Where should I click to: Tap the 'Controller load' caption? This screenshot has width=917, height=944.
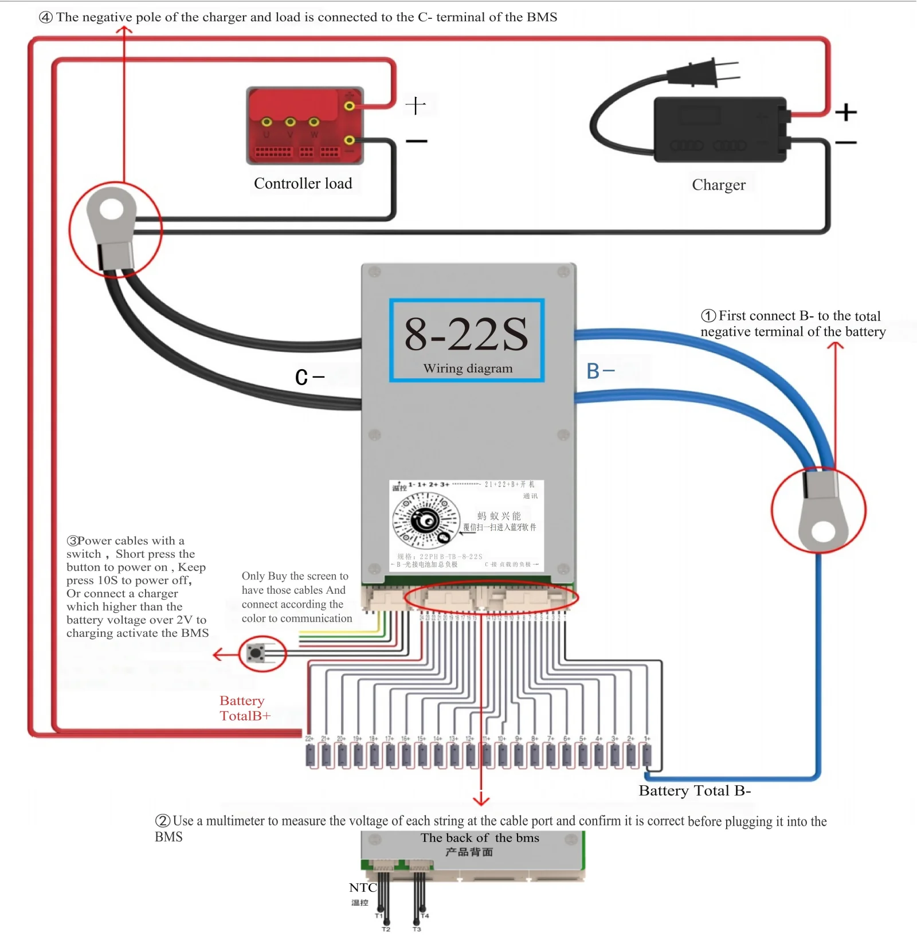pyautogui.click(x=303, y=183)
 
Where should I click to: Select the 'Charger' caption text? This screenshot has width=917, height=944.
pyautogui.click(x=719, y=185)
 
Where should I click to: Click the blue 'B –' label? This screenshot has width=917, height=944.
pyautogui.click(x=600, y=371)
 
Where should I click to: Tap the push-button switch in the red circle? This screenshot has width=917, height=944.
pyautogui.click(x=256, y=653)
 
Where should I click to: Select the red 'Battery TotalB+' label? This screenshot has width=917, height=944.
pyautogui.click(x=245, y=708)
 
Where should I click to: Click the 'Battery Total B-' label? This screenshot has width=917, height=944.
pyautogui.click(x=695, y=791)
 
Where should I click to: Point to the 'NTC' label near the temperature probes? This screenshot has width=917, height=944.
pyautogui.click(x=363, y=888)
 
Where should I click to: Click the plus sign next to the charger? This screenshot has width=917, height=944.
pyautogui.click(x=845, y=112)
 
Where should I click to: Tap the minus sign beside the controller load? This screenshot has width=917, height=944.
pyautogui.click(x=417, y=141)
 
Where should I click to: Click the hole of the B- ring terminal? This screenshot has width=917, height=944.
pyautogui.click(x=824, y=531)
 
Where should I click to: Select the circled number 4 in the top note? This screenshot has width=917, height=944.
pyautogui.click(x=46, y=17)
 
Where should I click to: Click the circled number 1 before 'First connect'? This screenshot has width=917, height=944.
pyautogui.click(x=708, y=316)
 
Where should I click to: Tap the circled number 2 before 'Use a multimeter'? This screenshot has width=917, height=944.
pyautogui.click(x=163, y=821)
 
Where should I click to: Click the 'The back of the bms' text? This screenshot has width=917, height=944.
pyautogui.click(x=480, y=838)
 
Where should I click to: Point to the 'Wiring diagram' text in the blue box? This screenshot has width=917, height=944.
pyautogui.click(x=468, y=369)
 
